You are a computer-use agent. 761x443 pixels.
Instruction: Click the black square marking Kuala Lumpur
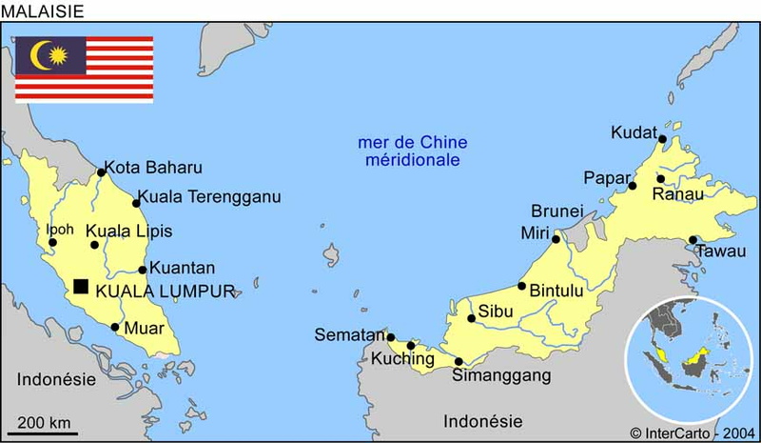[81, 286]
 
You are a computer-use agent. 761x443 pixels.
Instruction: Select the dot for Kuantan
[143, 270]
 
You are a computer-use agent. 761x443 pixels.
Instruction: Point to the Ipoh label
[59, 229]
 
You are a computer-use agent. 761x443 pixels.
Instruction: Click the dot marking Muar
[115, 328]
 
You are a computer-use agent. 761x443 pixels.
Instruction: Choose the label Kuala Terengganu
[209, 197]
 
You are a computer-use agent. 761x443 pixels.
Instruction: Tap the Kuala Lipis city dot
[94, 245]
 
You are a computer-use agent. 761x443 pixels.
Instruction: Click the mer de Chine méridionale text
[412, 151]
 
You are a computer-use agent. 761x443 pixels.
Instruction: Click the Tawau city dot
[693, 240]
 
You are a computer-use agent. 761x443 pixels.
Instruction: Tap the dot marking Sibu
[471, 318]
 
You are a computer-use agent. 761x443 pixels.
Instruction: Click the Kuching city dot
[411, 346]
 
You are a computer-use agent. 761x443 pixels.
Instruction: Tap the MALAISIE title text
[43, 10]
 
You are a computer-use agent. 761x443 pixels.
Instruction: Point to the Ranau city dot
[660, 178]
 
